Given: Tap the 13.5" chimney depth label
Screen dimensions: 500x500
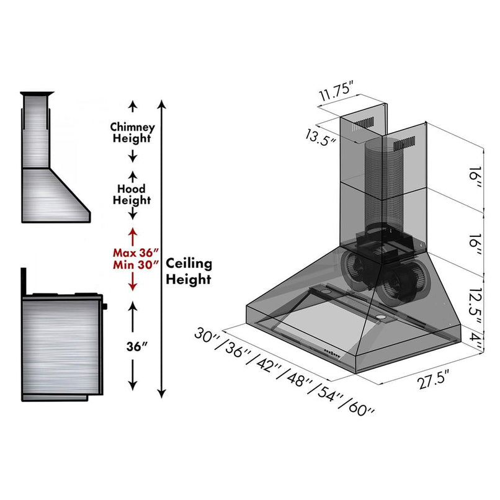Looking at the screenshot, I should (320, 135).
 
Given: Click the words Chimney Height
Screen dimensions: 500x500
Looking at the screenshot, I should (132, 132).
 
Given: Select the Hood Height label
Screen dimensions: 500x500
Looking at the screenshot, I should (132, 194).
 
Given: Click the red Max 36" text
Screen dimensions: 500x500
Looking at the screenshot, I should (136, 252).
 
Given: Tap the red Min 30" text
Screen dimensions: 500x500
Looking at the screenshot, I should (136, 264).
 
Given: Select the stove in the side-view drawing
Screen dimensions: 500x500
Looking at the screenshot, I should (62, 345).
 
